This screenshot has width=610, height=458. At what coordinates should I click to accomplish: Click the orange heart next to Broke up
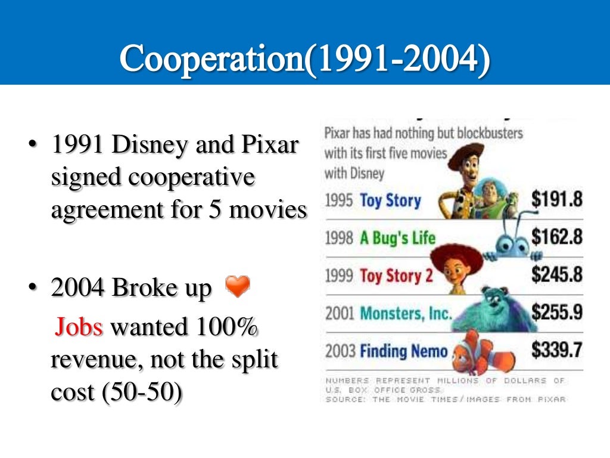(x=238, y=287)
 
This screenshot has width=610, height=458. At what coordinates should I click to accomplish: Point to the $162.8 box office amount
(x=556, y=237)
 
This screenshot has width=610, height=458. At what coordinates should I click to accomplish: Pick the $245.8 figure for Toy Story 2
(x=556, y=274)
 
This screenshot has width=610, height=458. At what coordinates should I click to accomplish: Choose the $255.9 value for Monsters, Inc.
(x=556, y=311)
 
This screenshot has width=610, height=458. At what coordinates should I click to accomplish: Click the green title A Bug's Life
(x=397, y=239)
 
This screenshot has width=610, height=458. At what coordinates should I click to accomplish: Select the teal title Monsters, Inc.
(x=406, y=313)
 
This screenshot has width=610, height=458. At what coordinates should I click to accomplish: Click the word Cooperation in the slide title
(x=211, y=58)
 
